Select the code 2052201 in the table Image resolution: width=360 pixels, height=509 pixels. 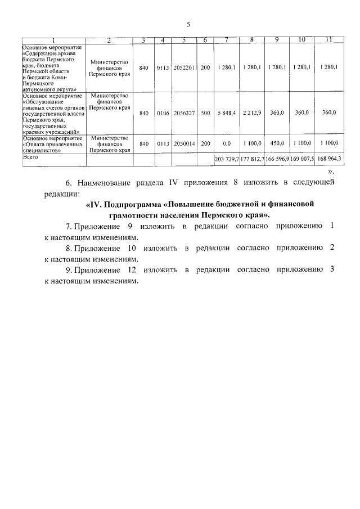(184, 67)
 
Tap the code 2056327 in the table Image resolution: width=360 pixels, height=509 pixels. (184, 113)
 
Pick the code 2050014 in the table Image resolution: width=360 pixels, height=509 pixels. (184, 144)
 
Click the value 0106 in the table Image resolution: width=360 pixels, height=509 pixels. (163, 113)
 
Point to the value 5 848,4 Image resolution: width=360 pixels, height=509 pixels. (227, 113)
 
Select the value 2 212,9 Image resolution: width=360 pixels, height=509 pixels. (252, 113)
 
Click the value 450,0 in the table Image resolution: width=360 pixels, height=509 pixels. (277, 144)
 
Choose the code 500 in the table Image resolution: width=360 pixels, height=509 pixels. (205, 113)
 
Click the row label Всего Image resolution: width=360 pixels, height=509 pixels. (30, 159)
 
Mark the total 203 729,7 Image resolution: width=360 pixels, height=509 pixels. (227, 160)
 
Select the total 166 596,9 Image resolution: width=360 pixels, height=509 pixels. (277, 160)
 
